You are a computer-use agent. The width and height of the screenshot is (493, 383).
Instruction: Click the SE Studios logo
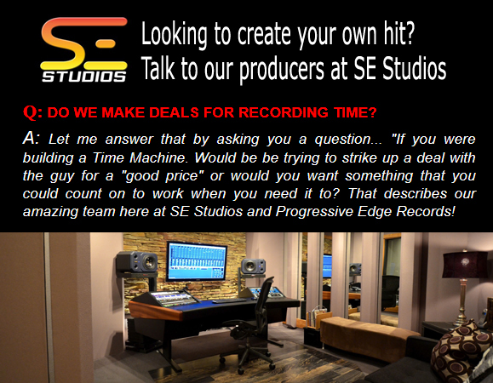84,49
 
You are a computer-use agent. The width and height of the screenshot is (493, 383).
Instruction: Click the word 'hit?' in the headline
399,33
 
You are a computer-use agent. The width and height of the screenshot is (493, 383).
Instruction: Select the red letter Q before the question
31,111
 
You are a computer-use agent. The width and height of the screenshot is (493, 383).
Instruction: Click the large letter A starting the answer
29,138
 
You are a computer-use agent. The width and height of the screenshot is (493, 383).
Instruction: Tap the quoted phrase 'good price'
162,176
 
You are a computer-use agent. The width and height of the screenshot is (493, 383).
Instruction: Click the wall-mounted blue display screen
197,260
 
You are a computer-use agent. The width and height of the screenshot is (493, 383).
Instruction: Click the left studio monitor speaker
137,262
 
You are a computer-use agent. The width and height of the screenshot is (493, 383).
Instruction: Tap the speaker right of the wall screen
253,266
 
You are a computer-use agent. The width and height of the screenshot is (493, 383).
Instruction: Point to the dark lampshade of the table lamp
465,265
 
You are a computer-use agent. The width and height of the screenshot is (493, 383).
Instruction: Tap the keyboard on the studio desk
229,301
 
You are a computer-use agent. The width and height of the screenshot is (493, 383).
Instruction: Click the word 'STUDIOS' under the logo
84,77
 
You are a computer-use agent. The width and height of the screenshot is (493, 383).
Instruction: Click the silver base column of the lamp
461,302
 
